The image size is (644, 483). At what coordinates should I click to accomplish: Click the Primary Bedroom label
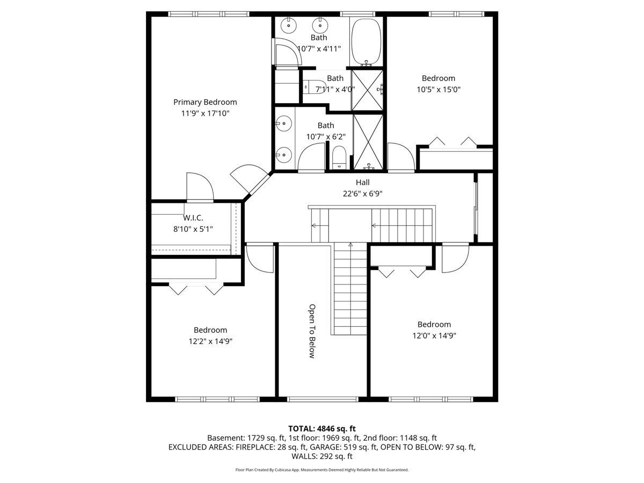[205, 102]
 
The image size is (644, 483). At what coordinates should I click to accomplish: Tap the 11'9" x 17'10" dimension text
[205, 113]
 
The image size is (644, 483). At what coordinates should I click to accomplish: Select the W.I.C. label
[193, 218]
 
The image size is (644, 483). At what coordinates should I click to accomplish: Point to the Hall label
[363, 182]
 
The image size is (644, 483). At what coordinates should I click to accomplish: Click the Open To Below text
[312, 331]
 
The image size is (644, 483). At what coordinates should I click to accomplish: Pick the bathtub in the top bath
[366, 42]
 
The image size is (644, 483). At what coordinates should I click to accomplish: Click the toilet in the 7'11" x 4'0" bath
[314, 87]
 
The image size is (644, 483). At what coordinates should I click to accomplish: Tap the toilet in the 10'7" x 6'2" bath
[340, 157]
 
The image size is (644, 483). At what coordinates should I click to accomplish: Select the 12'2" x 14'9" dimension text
[210, 341]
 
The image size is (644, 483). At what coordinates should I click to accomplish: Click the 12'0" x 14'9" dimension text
[434, 335]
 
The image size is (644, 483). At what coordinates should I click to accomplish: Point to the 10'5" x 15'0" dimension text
[438, 90]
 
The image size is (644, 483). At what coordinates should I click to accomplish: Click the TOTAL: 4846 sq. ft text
[322, 429]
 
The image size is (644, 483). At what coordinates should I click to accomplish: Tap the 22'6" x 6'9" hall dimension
[363, 194]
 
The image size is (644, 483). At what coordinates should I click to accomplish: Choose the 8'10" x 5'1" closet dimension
[193, 229]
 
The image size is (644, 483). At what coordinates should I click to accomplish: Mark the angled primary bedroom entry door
[250, 179]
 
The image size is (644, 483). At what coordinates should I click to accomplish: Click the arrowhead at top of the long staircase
[350, 244]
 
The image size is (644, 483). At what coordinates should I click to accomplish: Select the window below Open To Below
[323, 399]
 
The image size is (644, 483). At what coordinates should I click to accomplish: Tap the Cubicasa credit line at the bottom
[322, 470]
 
